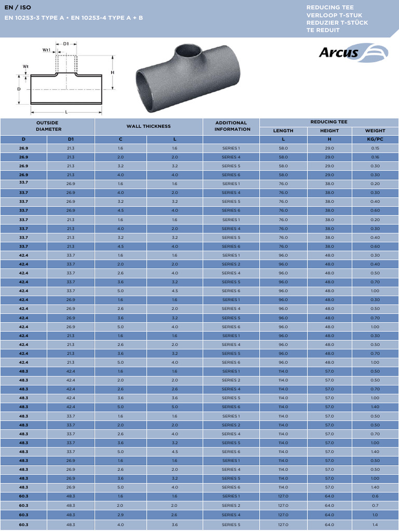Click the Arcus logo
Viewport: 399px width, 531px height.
tap(353, 52)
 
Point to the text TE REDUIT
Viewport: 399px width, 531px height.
tap(323, 30)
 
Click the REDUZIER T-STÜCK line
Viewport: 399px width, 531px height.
tap(337, 23)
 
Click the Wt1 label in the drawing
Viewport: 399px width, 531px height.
tap(47, 50)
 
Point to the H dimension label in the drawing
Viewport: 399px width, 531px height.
tap(112, 73)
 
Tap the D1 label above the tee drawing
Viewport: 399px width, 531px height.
tap(66, 44)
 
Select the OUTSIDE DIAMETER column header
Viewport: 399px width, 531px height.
tap(47, 126)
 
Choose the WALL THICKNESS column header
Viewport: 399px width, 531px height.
tap(149, 127)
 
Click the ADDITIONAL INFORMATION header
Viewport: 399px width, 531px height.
tap(232, 126)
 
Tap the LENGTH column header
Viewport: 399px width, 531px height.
tap(283, 131)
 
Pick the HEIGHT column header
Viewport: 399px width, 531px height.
tap(329, 131)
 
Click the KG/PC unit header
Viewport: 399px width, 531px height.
tap(375, 139)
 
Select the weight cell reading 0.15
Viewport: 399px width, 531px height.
tap(375, 148)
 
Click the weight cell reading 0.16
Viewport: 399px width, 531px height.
tap(375, 157)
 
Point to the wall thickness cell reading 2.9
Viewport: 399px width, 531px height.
tap(120, 515)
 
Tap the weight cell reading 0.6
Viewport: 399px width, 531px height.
tap(375, 496)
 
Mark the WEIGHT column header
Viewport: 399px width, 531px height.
tap(375, 131)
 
